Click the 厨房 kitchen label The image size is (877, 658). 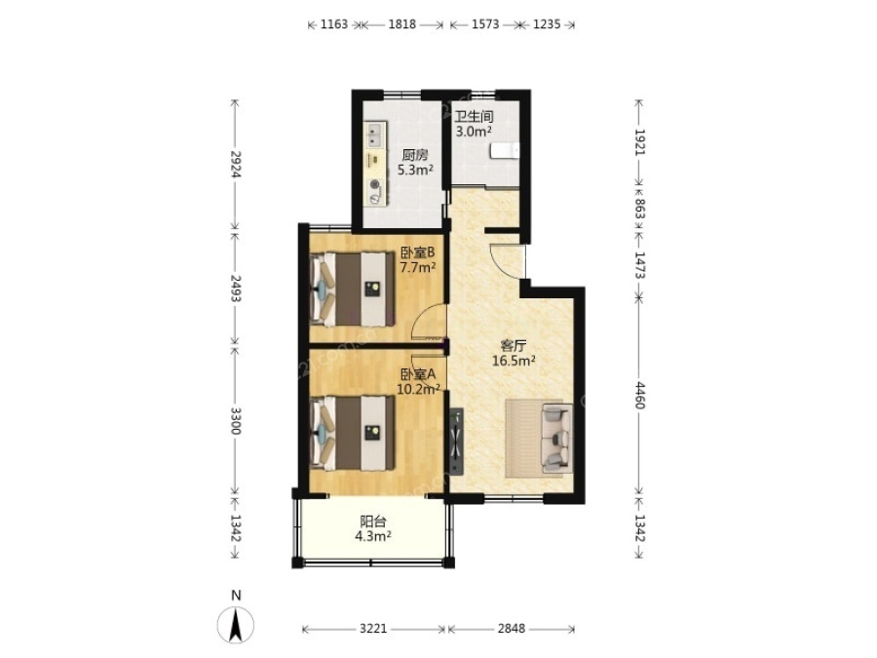[415, 155]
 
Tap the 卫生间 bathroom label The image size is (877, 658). [474, 117]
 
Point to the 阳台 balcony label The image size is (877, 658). [373, 523]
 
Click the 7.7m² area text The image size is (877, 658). [417, 267]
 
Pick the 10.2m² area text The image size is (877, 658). [418, 389]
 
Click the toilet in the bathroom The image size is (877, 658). [505, 151]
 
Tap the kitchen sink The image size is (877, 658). [374, 135]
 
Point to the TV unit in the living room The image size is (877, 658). [457, 440]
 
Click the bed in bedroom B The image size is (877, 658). [353, 289]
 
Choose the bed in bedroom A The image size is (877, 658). [353, 433]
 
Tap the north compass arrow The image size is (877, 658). [236, 625]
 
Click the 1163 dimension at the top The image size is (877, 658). [334, 24]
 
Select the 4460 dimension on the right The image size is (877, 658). [640, 395]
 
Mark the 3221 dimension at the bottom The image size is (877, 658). [373, 629]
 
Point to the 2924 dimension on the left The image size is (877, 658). [236, 165]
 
